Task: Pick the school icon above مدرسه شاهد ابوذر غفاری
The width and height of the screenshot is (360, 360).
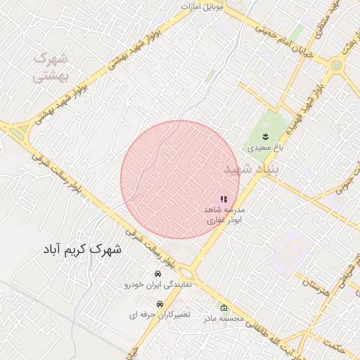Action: coord(224,200)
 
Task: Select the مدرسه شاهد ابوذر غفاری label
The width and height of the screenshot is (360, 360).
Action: coord(224,215)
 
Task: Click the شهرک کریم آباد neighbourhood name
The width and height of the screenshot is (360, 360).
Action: coord(82,250)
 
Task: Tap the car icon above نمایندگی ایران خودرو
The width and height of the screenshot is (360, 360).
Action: coord(157,274)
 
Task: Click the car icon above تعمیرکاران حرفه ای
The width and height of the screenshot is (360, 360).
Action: coord(160,304)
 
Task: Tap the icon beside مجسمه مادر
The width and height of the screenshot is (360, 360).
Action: coord(224,309)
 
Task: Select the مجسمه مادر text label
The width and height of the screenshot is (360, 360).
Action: coord(224,319)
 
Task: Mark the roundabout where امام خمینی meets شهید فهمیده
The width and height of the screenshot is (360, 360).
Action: coord(336,66)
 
